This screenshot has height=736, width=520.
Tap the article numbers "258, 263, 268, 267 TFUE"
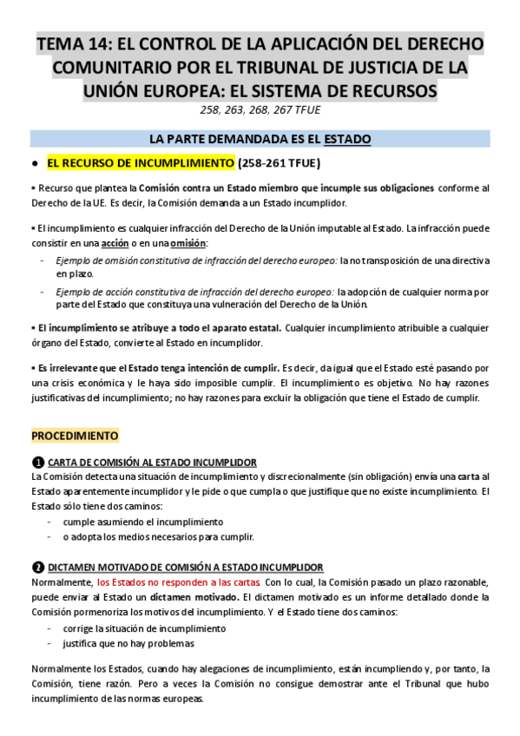click(260, 109)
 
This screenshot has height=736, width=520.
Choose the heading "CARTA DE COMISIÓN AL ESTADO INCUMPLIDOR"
click(152, 462)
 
